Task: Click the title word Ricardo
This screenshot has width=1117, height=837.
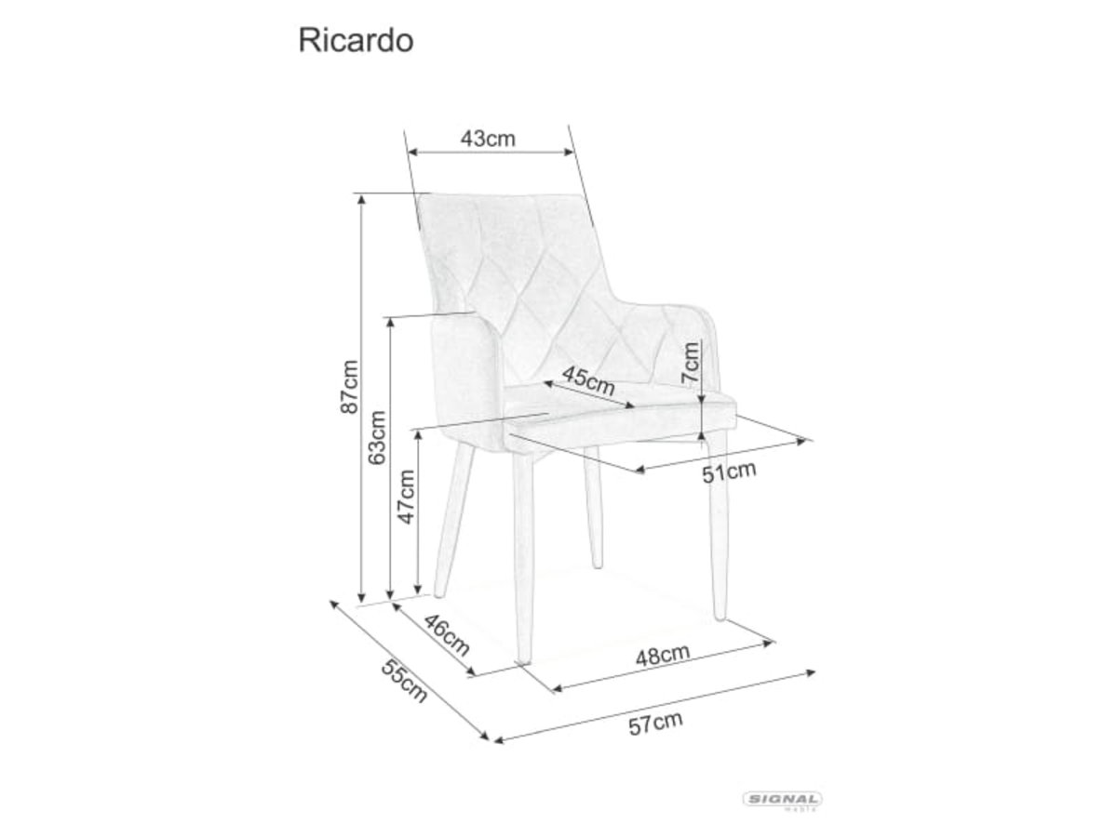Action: coord(356,41)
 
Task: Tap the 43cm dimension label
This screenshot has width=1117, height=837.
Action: coord(488,139)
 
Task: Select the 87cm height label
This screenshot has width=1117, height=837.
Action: coord(350,386)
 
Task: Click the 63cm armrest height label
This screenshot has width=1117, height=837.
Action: coord(378,437)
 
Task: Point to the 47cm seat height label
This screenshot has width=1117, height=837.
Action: coord(407,497)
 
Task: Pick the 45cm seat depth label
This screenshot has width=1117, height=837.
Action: coord(588,381)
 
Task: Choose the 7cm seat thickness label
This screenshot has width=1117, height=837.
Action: coord(690,363)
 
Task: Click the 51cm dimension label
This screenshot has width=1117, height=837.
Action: coord(729,472)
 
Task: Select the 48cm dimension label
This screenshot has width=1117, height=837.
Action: coord(663,655)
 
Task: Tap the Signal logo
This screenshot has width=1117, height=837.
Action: coord(783,800)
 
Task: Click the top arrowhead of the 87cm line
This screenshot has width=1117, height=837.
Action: coord(361,200)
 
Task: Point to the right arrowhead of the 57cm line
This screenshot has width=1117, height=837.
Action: coord(811,672)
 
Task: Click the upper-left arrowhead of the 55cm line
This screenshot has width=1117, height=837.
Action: coord(334,604)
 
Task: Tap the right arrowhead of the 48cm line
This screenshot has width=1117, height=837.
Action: coord(769,643)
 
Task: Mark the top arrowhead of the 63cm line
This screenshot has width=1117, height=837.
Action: coord(390,323)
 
